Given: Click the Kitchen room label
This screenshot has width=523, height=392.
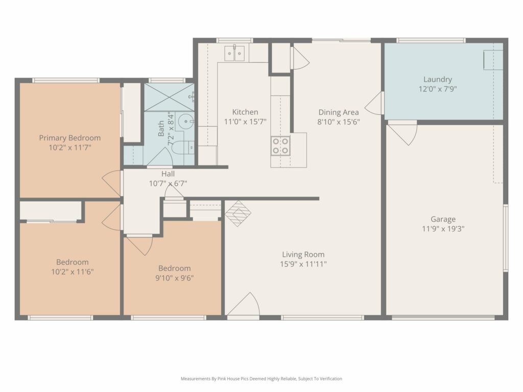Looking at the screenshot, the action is pos(245,112).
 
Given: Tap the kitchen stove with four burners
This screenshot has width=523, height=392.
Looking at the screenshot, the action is pos(280,146).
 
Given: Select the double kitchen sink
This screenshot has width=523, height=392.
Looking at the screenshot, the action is pos(234,53).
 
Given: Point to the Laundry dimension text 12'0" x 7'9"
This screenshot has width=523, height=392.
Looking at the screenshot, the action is pos(438,89).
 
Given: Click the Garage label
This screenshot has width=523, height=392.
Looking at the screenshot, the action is pos(443,219).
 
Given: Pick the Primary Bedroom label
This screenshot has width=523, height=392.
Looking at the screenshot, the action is pos(69,138).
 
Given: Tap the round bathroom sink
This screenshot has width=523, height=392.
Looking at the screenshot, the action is pos(185,121).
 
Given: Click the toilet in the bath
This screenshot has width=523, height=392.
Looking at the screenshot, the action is pos(183,148).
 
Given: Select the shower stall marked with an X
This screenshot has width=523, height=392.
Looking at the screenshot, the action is pos(169,97).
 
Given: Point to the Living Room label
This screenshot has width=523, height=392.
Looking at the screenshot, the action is pos(303,255).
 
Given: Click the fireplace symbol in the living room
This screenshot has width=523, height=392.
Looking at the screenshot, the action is pos(238,214).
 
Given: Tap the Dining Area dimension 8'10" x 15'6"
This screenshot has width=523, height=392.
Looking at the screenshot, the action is pos(339,122).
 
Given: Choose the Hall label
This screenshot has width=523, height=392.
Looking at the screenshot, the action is pos(168,174).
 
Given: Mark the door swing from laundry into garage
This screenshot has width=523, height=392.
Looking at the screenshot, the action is pos(402,133).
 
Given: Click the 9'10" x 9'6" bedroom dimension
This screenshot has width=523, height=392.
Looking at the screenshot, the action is pos(175,278).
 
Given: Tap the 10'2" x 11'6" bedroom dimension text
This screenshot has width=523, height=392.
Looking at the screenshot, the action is pos(72,272).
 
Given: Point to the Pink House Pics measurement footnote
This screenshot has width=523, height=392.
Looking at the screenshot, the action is pos(261,379).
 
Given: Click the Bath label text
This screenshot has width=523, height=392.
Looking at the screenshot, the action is pos(161,128).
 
